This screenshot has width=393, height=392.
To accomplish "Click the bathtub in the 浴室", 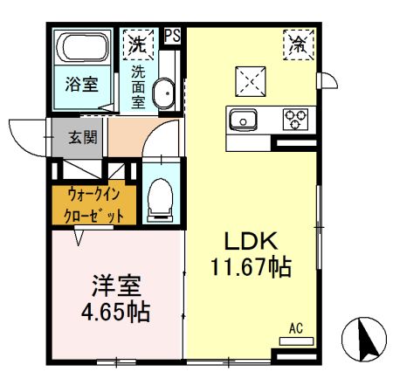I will [79, 48].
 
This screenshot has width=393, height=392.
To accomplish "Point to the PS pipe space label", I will [173, 36].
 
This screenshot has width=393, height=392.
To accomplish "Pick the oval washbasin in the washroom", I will [163, 93].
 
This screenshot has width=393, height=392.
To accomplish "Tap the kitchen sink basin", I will [241, 117].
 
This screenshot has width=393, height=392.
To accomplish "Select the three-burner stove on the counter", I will [296, 117].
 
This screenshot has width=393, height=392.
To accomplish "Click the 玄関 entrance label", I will [83, 136].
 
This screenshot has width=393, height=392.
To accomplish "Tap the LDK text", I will [252, 242].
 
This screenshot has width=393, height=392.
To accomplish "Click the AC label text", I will [295, 328].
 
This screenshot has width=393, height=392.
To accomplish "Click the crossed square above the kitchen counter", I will [252, 81].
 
